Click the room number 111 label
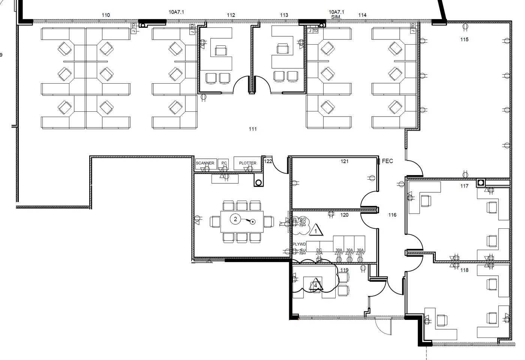tap(253, 129)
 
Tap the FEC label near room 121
tap(387, 161)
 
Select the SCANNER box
tap(205, 163)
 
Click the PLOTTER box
tap(247, 163)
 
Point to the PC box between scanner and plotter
tap(224, 163)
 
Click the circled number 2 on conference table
tap(235, 219)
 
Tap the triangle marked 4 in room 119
tap(316, 285)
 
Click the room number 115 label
tap(464, 39)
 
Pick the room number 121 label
tap(344, 161)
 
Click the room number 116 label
tap(392, 215)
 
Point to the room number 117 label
tap(464, 186)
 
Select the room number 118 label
tap(464, 270)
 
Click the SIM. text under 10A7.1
tap(336, 17)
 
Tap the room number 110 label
tap(106, 15)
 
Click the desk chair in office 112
tap(221, 50)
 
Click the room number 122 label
tap(268, 161)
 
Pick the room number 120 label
tap(344, 215)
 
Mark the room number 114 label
tap(362, 15)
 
